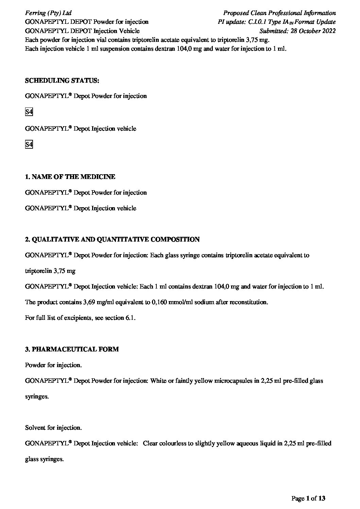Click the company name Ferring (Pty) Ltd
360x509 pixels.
(48, 13)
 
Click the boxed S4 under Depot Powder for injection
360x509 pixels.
(29, 112)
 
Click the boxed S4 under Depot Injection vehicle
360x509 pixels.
(29, 145)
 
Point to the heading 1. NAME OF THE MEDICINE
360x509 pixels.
(70, 177)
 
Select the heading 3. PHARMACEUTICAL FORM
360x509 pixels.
(72, 349)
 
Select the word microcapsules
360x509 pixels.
(233, 381)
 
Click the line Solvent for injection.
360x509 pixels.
(53, 428)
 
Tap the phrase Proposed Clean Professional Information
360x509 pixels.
(279, 13)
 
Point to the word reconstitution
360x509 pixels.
(250, 302)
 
